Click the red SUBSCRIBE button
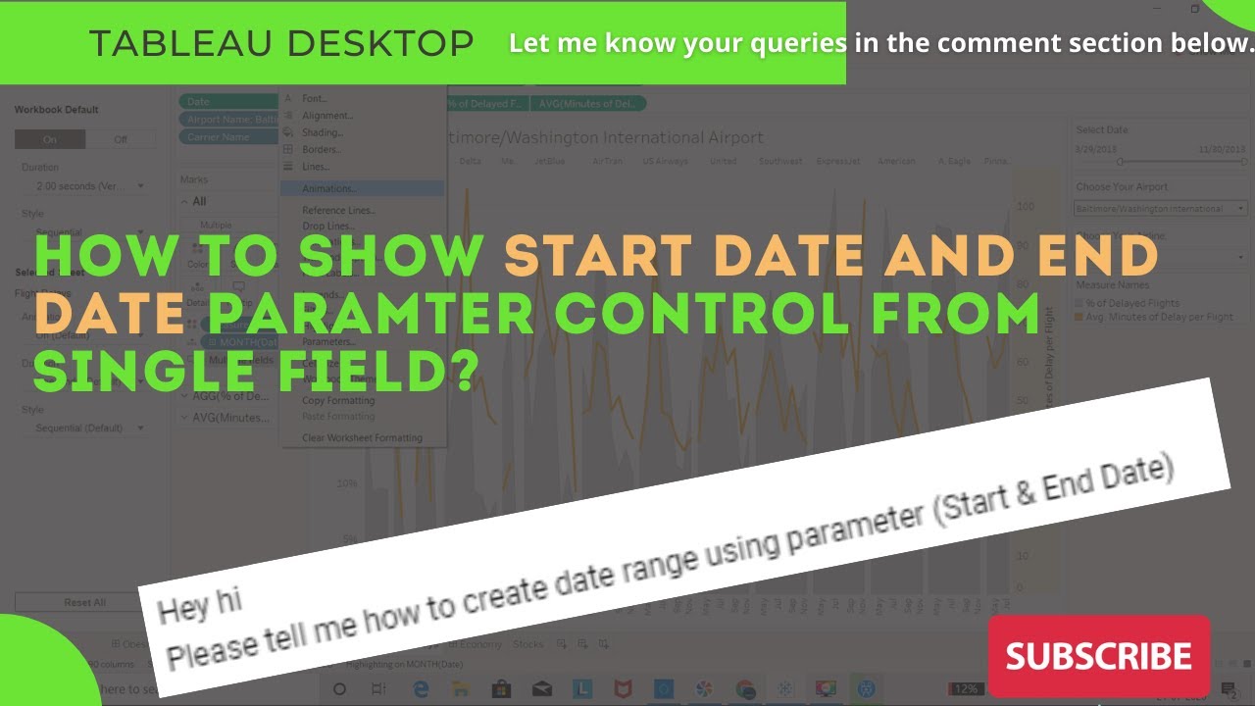click(x=1098, y=656)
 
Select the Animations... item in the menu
click(x=329, y=188)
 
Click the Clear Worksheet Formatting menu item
click(x=362, y=438)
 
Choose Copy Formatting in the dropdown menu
click(x=338, y=400)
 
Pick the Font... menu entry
click(x=315, y=98)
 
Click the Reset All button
click(x=85, y=602)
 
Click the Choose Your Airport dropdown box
click(x=1160, y=208)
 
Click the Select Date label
click(x=1102, y=129)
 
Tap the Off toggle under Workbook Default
click(x=121, y=139)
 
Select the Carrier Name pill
click(x=219, y=137)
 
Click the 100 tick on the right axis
click(x=1026, y=207)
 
